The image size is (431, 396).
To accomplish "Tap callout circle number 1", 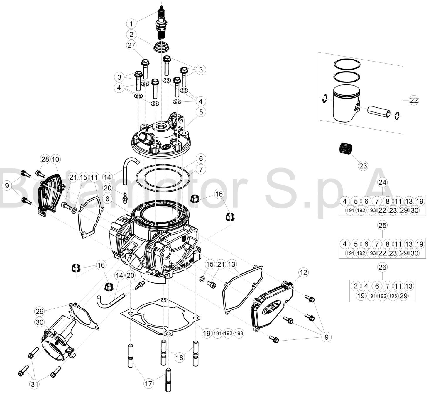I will click(x=131, y=24).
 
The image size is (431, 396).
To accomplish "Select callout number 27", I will click(x=131, y=45).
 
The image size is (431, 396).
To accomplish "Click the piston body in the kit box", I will click(x=346, y=103).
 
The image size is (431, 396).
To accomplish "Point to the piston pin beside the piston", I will click(x=379, y=111).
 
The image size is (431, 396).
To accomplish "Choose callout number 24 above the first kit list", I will click(x=382, y=182).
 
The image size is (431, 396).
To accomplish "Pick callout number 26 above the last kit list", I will click(x=382, y=267).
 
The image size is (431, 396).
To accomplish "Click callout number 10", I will click(x=55, y=159).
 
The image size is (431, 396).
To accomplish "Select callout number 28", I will click(x=45, y=159).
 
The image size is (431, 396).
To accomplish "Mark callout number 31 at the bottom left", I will click(x=35, y=384).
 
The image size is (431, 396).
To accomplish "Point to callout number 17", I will click(x=149, y=383).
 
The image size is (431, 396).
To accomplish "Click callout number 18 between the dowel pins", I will click(x=180, y=357).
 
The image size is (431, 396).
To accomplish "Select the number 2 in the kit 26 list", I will click(x=356, y=286).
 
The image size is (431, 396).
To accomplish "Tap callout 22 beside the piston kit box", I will click(x=414, y=100).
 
